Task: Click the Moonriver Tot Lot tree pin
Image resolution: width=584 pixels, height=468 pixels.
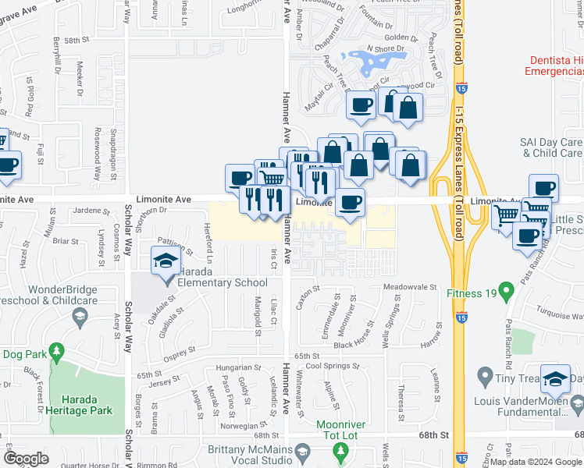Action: pos(340,451)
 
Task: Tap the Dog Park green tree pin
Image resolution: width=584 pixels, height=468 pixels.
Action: pos(56,353)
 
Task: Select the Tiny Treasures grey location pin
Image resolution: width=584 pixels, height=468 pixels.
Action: pos(485,379)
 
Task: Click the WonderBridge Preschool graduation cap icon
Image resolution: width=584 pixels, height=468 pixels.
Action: pos(79,317)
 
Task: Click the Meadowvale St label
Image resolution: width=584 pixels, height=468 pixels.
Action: pos(410,287)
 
